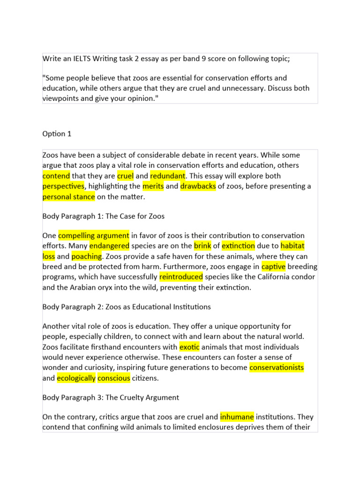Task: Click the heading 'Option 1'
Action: (57, 134)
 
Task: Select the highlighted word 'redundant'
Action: (168, 176)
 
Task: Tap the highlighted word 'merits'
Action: (153, 186)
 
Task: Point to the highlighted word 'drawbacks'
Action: (198, 186)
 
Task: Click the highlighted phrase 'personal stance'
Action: (68, 196)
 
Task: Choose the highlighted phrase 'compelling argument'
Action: (94, 235)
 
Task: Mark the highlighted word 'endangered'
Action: (109, 245)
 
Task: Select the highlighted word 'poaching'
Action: (87, 256)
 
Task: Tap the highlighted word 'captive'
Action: (273, 266)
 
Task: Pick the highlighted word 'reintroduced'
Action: (181, 277)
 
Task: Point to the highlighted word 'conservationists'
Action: (277, 367)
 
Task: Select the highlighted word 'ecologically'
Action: (76, 378)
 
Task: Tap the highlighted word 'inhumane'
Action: (237, 416)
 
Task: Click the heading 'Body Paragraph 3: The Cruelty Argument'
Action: (111, 397)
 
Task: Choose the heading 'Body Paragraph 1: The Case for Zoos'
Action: (103, 216)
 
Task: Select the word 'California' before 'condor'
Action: (277, 277)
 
